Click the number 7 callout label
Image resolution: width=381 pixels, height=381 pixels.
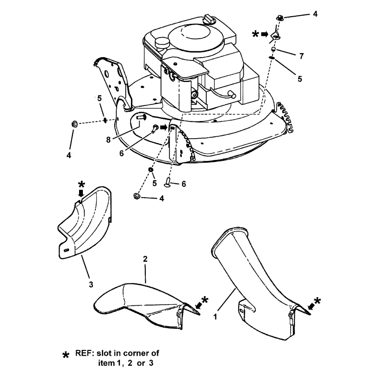point(301,56)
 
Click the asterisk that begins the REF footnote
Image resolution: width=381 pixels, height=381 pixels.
point(66,356)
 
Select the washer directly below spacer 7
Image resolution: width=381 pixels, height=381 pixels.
point(272,58)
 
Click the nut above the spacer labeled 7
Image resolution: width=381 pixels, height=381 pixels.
point(280,18)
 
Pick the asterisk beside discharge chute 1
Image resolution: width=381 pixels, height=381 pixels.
point(317,301)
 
